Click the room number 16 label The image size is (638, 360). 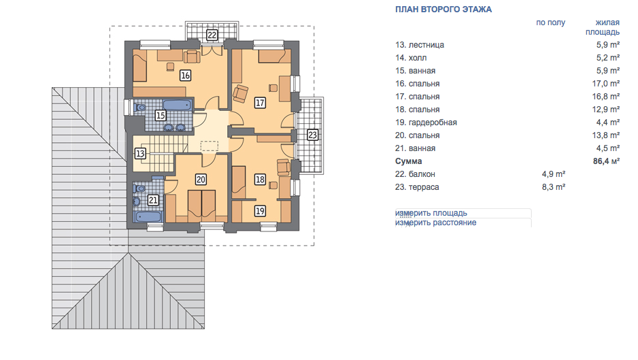(x=185, y=76)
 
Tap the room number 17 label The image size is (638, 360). (x=260, y=103)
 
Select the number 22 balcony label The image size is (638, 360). (x=212, y=35)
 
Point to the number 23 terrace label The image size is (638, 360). (x=312, y=134)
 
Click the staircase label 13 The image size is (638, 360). (x=140, y=154)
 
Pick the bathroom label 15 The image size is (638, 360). (x=160, y=116)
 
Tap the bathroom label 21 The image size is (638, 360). (x=153, y=200)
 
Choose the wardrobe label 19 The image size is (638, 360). (x=260, y=211)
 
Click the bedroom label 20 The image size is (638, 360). (x=201, y=180)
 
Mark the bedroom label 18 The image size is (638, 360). (x=260, y=180)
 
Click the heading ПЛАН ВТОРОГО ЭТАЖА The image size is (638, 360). (x=443, y=10)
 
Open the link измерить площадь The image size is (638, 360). (x=431, y=213)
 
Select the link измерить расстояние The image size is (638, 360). (x=435, y=223)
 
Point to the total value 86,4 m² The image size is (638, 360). (x=606, y=161)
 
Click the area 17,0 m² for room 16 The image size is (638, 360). (x=606, y=84)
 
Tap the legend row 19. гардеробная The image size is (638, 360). (x=426, y=122)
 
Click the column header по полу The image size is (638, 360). (x=550, y=22)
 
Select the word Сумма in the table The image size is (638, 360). (x=408, y=161)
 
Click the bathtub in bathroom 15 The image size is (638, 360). (x=178, y=105)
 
